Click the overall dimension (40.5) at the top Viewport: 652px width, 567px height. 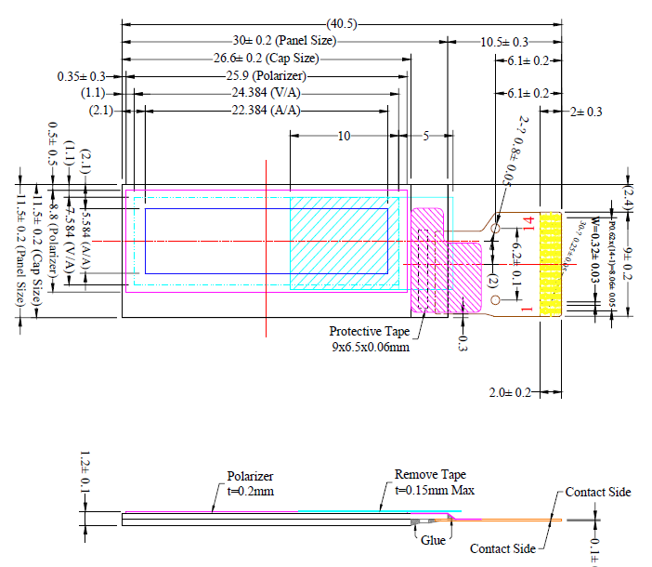pos(343,23)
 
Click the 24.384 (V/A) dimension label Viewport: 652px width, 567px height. pos(266,93)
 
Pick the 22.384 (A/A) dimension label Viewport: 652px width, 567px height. pos(266,111)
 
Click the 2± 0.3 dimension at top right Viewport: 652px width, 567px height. pos(587,112)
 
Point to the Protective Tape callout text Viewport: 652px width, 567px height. pos(369,332)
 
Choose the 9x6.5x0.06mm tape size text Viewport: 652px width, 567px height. pos(370,347)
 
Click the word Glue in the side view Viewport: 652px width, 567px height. pos(433,538)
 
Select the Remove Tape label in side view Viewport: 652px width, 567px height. pos(428,474)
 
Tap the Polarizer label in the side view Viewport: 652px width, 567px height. pos(251,477)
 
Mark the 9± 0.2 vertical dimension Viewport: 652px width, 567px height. pos(628,264)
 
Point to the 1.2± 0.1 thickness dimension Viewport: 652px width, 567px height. pos(85,473)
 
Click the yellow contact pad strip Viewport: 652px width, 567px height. pos(551,265)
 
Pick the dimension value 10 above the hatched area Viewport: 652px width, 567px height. pos(344,136)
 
